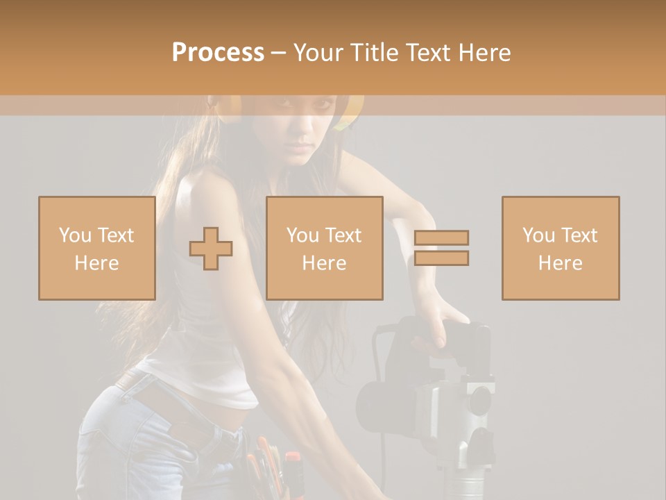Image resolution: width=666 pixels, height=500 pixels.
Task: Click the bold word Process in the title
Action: coord(218,52)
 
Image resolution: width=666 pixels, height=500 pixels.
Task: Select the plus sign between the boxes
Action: coord(211,249)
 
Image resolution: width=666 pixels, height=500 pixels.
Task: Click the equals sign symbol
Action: coord(442,248)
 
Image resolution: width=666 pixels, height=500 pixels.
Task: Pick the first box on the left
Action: coord(96,248)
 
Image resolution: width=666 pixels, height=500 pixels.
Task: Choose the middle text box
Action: coord(324,248)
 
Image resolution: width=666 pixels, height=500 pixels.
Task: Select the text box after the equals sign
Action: coord(560,248)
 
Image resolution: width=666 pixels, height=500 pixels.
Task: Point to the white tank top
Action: coord(201,333)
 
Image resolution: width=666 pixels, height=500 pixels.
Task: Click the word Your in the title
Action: coord(317,52)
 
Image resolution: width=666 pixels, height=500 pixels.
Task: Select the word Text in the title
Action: coord(428,52)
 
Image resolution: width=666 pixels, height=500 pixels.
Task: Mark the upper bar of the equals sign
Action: coord(442,237)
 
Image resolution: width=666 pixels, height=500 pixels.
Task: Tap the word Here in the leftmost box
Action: coord(96,263)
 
